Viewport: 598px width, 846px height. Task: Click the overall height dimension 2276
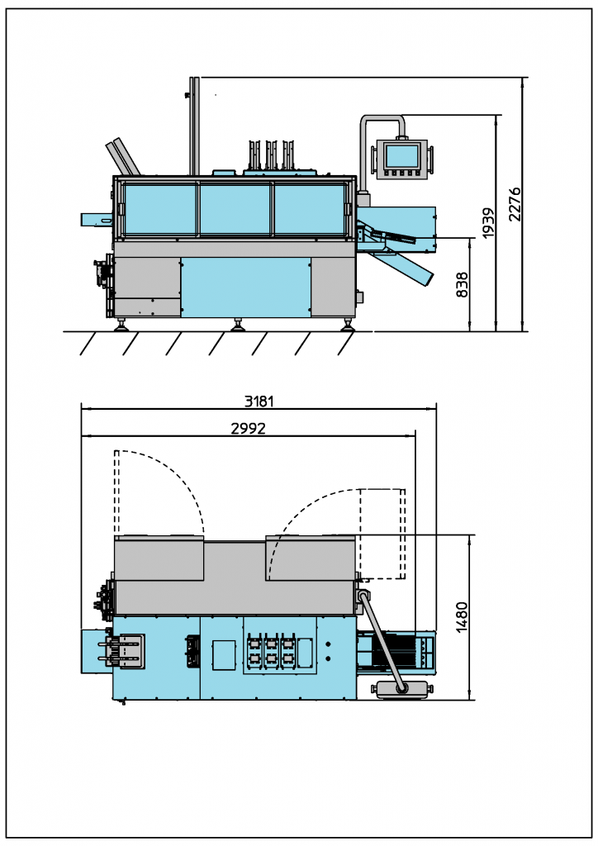click(515, 203)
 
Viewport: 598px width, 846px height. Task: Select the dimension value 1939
click(488, 223)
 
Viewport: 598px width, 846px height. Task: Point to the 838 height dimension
click(463, 285)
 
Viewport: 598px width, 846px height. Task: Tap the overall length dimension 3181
click(259, 402)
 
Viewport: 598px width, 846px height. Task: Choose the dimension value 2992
click(248, 428)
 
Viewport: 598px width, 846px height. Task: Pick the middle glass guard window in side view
click(235, 208)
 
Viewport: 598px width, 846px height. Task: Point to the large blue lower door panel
click(246, 286)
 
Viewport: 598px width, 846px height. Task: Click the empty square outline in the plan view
click(224, 654)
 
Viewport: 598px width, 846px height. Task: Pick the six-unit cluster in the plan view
click(270, 650)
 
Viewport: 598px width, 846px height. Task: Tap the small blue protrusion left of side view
click(96, 220)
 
